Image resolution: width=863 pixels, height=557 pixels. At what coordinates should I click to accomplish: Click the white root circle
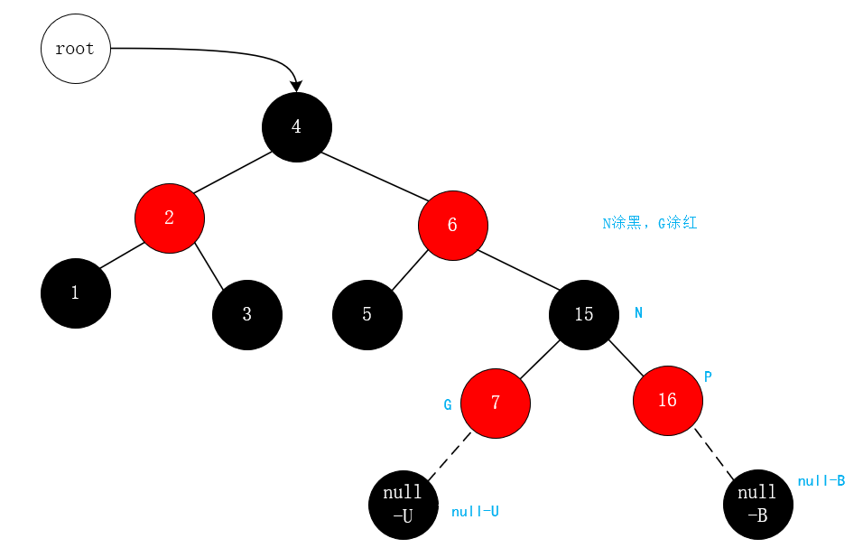75,49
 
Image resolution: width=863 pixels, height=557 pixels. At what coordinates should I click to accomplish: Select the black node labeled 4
297,127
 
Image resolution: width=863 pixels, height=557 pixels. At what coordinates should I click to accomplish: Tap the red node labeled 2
170,218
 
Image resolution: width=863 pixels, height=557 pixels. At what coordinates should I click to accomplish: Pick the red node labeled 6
452,226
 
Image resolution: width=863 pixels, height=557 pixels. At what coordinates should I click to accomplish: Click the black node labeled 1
76,293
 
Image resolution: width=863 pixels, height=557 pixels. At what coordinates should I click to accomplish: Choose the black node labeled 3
247,315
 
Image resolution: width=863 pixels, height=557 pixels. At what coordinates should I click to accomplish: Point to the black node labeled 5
367,315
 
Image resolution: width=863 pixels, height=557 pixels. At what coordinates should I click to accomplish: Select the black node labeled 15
584,314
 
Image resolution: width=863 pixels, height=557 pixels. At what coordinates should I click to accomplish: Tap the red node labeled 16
668,401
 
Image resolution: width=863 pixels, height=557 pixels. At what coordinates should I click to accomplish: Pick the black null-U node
404,505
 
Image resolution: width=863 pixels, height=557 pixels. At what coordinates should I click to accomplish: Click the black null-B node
758,505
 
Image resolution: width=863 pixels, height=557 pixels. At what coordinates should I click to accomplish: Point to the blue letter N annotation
639,313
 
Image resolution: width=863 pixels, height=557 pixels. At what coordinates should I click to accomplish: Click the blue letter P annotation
708,376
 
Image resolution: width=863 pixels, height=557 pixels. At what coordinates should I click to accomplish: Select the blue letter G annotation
448,405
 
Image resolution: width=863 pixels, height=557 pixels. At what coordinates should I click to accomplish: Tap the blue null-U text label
475,512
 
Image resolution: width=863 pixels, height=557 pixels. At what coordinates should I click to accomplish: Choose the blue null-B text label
821,481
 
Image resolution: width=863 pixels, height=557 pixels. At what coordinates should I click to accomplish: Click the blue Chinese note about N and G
650,223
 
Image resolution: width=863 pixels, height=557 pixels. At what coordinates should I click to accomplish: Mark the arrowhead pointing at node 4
296,86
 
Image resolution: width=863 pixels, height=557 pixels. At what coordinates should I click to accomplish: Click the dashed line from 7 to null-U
450,456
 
